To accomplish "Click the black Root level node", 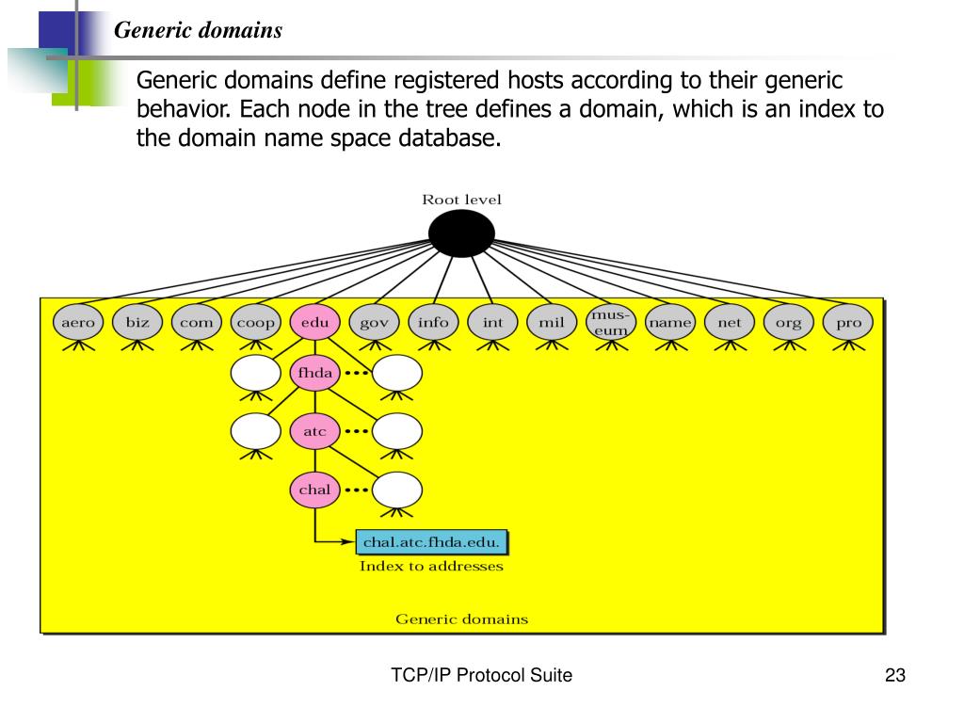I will click(x=461, y=233).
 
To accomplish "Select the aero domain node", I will click(x=78, y=323).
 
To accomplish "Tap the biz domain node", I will click(x=137, y=323).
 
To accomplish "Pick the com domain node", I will click(x=197, y=323).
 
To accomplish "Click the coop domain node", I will click(x=256, y=323).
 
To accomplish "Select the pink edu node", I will click(x=314, y=323).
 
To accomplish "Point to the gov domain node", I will click(x=374, y=323).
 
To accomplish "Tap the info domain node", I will click(x=433, y=323).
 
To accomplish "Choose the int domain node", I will click(x=492, y=323).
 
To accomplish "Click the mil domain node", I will click(x=552, y=323).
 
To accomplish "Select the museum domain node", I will click(x=611, y=323).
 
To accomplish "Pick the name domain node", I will click(x=670, y=323).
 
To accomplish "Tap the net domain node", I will click(x=730, y=323).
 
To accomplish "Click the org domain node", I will click(x=789, y=323).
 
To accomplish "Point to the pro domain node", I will click(x=848, y=323).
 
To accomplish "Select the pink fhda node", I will click(x=314, y=374).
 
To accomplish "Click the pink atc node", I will click(x=314, y=432).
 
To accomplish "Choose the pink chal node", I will click(x=314, y=490).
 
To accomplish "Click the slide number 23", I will click(x=894, y=675).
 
